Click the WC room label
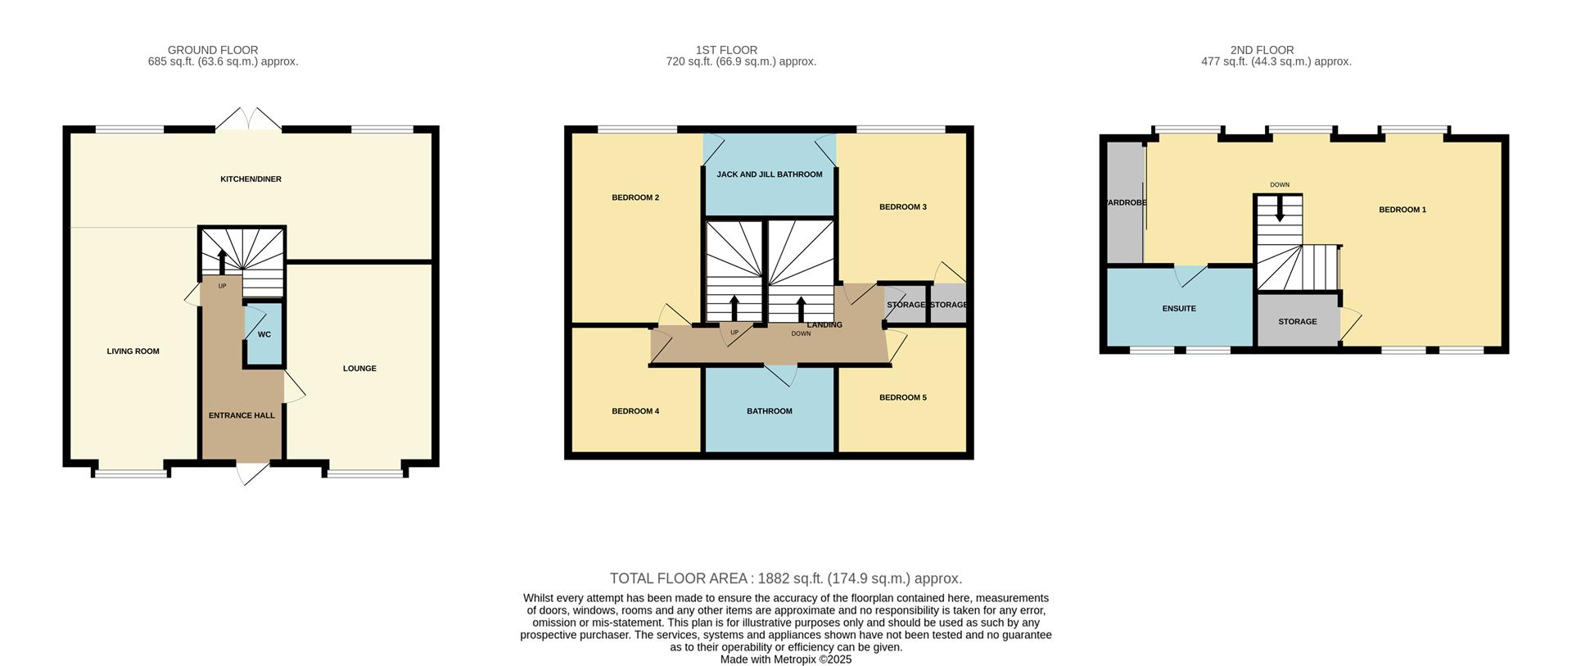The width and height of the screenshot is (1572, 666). (x=264, y=334)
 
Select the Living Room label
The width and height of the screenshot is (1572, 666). (x=133, y=351)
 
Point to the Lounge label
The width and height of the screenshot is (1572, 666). (x=359, y=369)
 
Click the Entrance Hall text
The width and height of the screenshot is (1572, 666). (x=242, y=415)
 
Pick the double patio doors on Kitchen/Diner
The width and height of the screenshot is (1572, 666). (x=248, y=120)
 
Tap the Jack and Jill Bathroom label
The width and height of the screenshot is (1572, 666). (x=769, y=174)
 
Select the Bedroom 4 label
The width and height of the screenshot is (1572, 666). (x=635, y=411)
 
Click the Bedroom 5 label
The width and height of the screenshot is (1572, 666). (x=902, y=397)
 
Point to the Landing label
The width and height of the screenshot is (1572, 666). (x=824, y=325)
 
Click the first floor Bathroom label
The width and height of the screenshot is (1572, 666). (x=769, y=411)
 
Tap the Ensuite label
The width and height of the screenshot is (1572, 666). (x=1179, y=309)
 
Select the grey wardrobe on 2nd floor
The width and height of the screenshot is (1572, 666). (x=1123, y=202)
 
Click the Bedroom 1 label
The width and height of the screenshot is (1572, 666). (x=1402, y=210)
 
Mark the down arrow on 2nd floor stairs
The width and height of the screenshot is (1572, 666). (x=1280, y=212)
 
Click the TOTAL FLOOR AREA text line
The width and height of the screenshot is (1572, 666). (x=785, y=578)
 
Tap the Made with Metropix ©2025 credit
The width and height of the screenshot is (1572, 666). (x=785, y=659)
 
